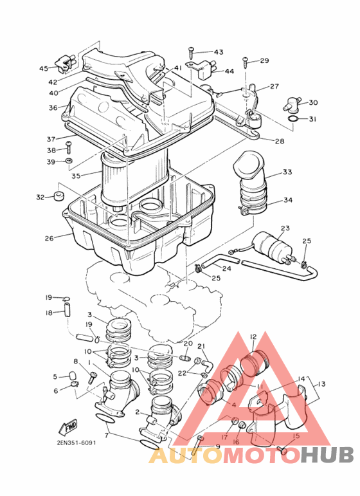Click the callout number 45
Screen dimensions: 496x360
tap(44, 68)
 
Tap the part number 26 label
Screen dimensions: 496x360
tap(49, 238)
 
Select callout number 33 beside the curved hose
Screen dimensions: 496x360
tap(287, 172)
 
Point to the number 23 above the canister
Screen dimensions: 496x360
tap(285, 228)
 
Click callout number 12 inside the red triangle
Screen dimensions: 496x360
tap(253, 336)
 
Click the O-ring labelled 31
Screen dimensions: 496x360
tap(293, 120)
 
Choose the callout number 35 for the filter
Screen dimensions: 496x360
tap(76, 176)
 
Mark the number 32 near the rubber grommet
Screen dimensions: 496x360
tap(40, 197)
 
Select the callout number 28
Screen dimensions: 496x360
tap(280, 141)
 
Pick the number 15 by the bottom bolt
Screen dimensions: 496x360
tap(296, 436)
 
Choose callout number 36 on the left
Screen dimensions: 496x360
tap(53, 108)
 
